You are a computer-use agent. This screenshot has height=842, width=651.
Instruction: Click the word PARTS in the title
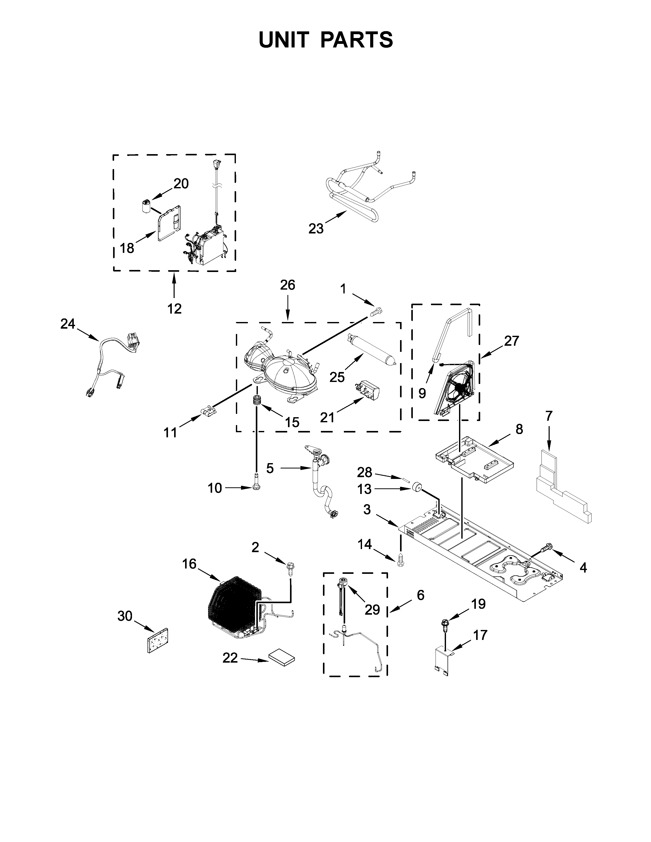[x=356, y=40]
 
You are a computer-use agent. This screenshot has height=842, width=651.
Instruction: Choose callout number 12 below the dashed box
[x=174, y=308]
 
